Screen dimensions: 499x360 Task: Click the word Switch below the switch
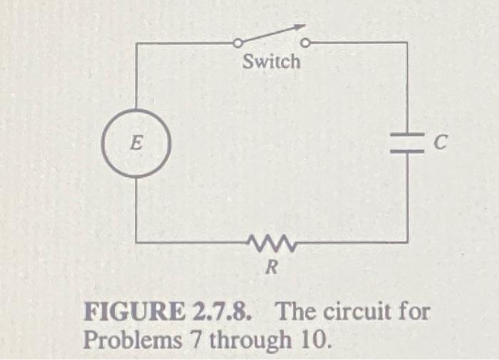click(272, 62)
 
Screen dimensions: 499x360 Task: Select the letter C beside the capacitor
click(441, 145)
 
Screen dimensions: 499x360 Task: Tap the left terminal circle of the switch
click(237, 44)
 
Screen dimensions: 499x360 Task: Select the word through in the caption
click(242, 339)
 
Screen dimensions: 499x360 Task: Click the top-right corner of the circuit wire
click(407, 43)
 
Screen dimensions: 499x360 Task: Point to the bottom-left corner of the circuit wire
click(136, 242)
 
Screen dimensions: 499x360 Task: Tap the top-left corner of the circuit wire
click(136, 44)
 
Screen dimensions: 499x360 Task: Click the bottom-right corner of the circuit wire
click(407, 242)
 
